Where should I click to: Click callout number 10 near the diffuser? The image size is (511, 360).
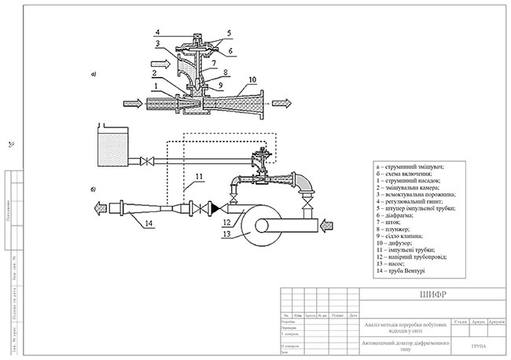[x=252, y=79]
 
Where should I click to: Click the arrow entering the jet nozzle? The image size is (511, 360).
[x=134, y=102]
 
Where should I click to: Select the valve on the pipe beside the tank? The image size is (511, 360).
[x=146, y=163]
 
